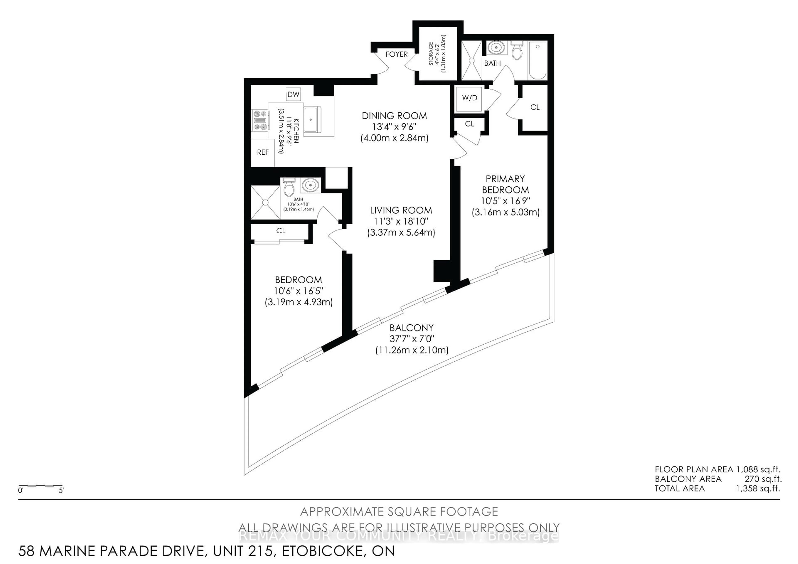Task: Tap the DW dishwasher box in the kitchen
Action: click(x=293, y=95)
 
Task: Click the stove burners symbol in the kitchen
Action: click(x=260, y=120)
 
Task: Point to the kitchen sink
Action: click(x=312, y=119)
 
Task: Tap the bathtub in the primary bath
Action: click(x=537, y=60)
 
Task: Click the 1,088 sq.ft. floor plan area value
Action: click(x=758, y=469)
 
